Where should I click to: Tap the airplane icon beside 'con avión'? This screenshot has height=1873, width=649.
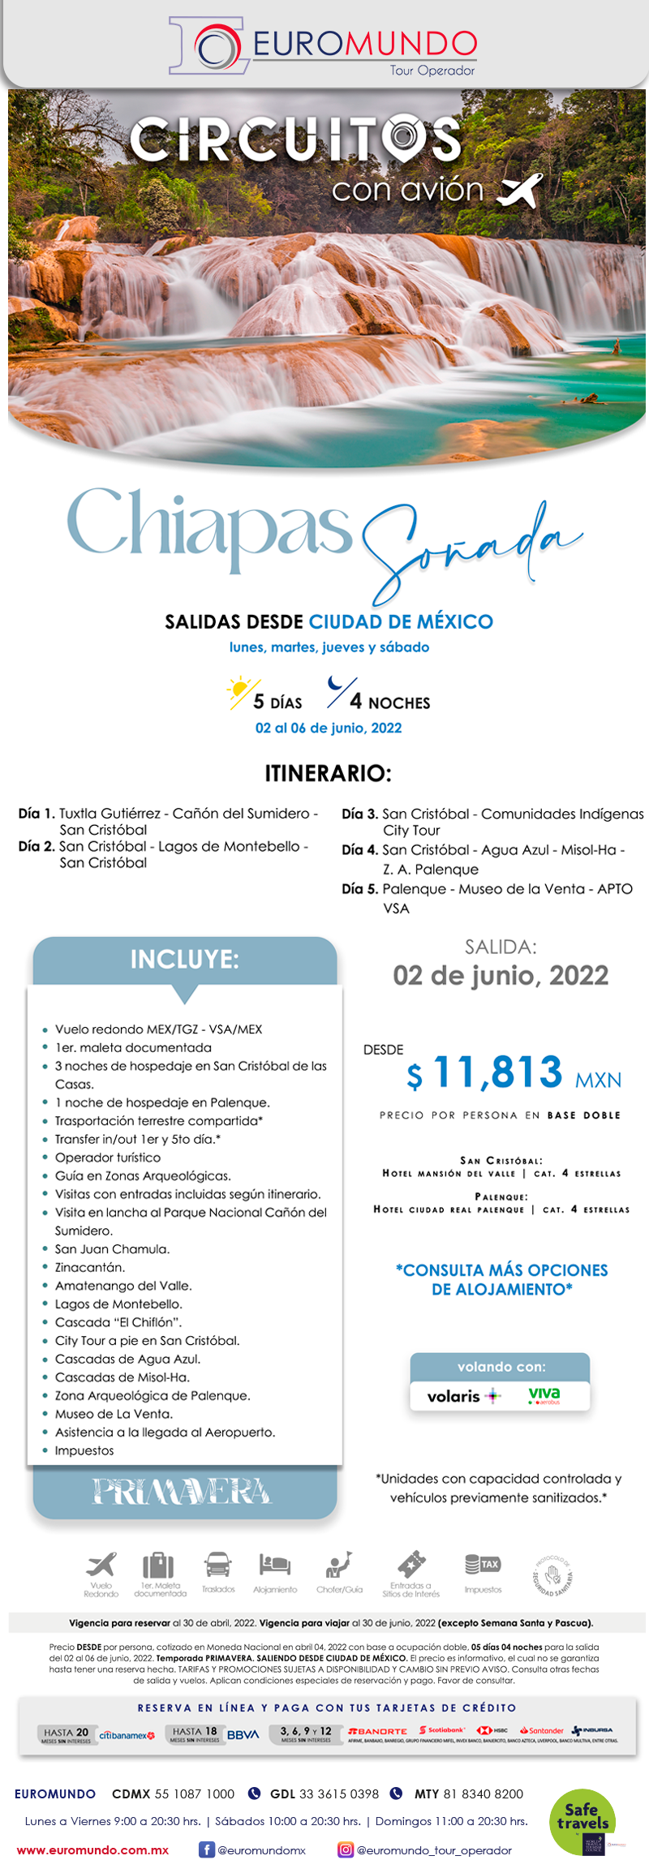(x=519, y=191)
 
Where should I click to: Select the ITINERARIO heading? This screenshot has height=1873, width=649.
(x=328, y=773)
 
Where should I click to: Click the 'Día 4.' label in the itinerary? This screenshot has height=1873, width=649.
(x=360, y=850)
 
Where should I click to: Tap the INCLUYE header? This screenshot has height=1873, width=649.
(x=185, y=960)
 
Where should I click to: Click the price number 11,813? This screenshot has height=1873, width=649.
(x=498, y=1072)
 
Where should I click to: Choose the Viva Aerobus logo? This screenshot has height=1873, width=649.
(x=544, y=1395)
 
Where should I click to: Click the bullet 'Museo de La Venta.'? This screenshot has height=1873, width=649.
(x=114, y=1414)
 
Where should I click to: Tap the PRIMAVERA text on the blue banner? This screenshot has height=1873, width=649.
(x=182, y=1492)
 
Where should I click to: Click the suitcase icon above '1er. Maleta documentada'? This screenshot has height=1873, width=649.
(x=159, y=1565)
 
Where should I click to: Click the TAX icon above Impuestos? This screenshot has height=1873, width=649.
(x=483, y=1563)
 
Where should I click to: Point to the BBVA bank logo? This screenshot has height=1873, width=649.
(x=243, y=1735)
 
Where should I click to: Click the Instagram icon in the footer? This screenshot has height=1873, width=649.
(x=346, y=1850)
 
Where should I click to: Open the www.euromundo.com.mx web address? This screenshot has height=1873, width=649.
(x=92, y=1850)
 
